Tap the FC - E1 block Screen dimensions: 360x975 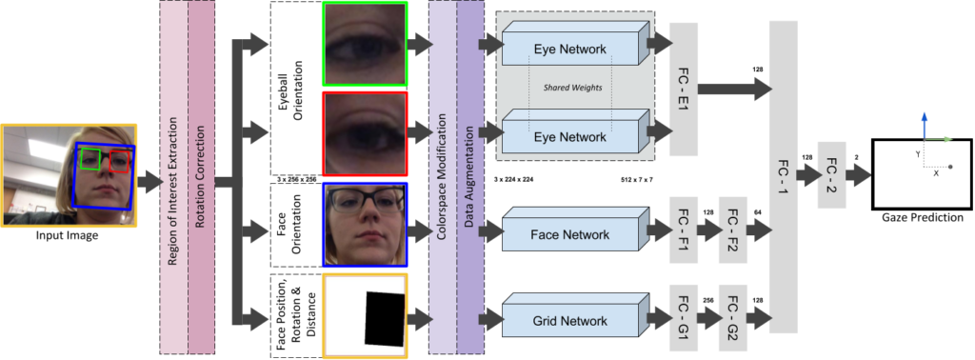click(684, 90)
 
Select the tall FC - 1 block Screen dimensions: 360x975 click(782, 176)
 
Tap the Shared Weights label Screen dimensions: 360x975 click(569, 89)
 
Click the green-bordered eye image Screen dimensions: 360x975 click(365, 44)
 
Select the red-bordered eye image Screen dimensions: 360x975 click(365, 134)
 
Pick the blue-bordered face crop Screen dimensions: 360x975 click(365, 225)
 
